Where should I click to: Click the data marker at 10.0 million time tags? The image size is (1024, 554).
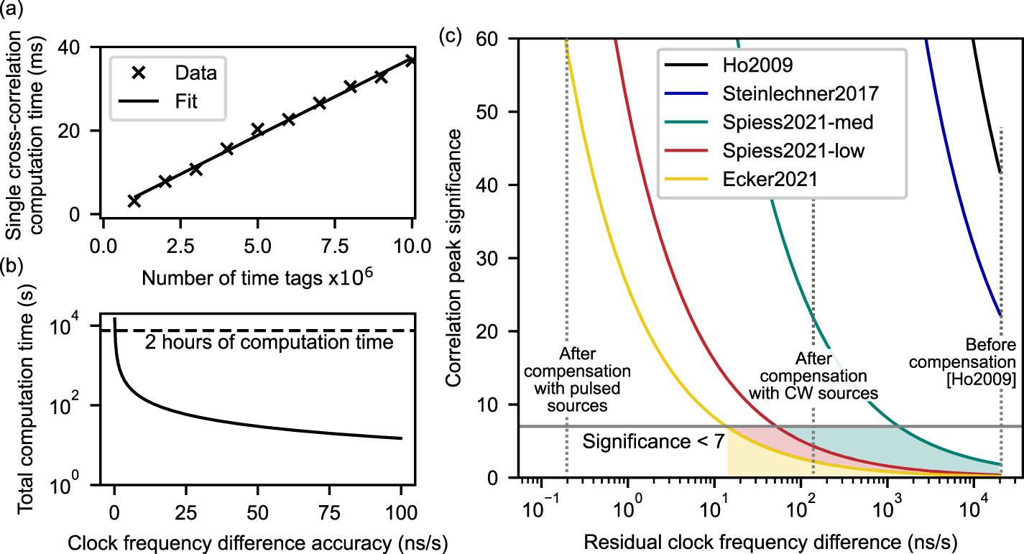click(411, 60)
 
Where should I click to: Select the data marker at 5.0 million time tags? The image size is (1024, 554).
click(257, 129)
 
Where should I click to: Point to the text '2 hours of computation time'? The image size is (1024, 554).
click(269, 343)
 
